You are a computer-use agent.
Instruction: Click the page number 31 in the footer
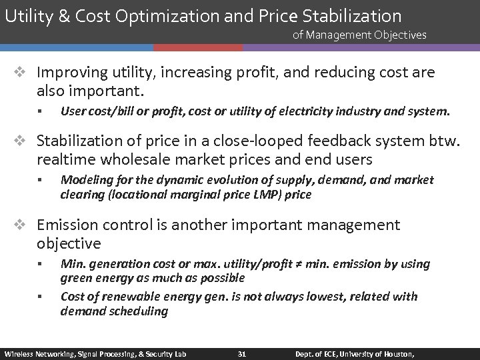[242, 353]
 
